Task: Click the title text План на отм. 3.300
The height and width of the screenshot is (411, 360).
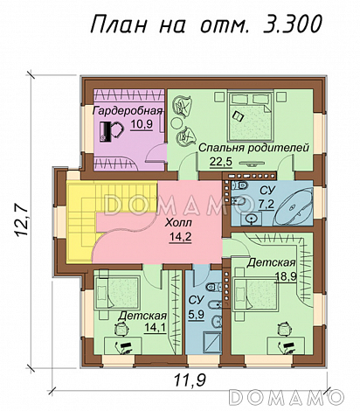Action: [206, 24]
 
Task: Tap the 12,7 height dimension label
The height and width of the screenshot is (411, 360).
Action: [22, 220]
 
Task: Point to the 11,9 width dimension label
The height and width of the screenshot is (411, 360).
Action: [190, 380]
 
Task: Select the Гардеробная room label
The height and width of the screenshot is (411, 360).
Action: [128, 111]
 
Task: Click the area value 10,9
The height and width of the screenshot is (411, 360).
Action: [142, 125]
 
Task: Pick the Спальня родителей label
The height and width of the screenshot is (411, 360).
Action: [253, 148]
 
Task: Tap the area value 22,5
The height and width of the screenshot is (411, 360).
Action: [221, 162]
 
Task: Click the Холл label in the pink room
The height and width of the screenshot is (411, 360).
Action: [178, 223]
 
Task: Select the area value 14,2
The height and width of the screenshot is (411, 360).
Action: [181, 237]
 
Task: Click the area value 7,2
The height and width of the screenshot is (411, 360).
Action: [267, 205]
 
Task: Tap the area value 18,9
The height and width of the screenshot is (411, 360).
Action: [286, 276]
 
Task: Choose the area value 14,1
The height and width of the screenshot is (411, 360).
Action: [156, 328]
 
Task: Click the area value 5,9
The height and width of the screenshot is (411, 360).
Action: [196, 315]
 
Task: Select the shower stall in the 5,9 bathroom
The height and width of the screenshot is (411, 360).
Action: [213, 342]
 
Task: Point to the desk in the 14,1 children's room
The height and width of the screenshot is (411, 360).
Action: [123, 346]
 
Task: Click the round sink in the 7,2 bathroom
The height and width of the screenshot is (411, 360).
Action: [251, 219]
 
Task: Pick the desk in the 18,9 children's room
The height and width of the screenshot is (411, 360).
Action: [286, 346]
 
